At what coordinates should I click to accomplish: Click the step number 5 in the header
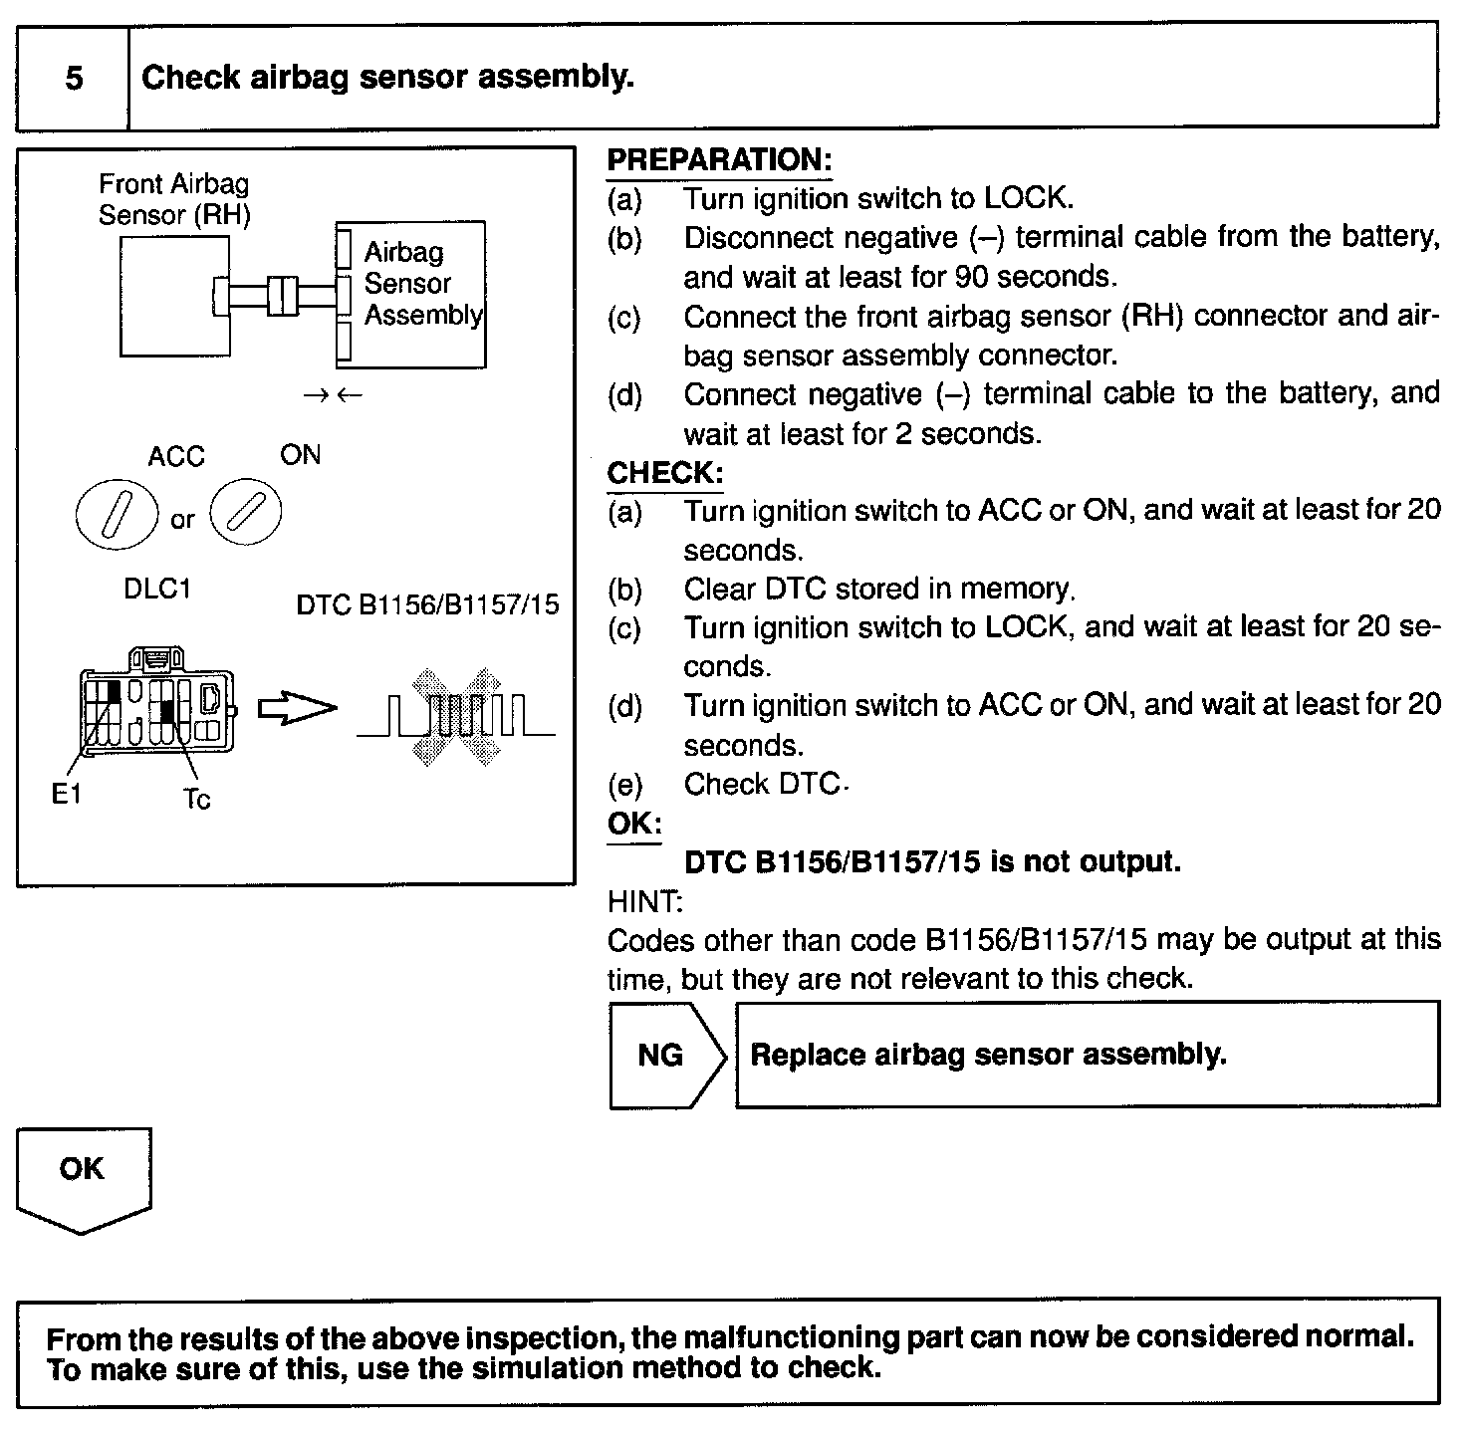point(74,78)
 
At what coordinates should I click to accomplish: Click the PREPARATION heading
point(718,160)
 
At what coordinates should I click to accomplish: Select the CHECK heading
point(664,472)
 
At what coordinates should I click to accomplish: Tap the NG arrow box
point(665,1056)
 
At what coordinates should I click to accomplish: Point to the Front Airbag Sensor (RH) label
point(173,199)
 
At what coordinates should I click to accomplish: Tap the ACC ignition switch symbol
point(118,516)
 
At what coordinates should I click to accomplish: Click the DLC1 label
point(156,589)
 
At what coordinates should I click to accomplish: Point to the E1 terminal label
point(66,795)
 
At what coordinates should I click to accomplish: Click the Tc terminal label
point(196,799)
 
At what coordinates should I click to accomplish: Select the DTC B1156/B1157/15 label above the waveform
point(428,604)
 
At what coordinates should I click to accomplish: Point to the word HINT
point(644,902)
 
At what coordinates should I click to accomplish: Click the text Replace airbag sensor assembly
point(988,1055)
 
